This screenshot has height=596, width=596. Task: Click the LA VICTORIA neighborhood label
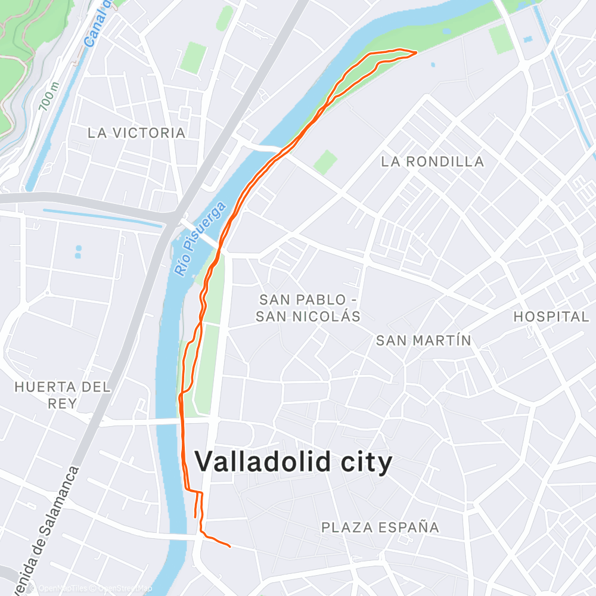pyautogui.click(x=136, y=133)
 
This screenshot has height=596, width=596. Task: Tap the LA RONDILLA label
pyautogui.click(x=433, y=162)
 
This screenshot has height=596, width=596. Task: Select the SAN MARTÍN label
pyautogui.click(x=424, y=340)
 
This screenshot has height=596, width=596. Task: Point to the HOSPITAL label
pyautogui.click(x=551, y=316)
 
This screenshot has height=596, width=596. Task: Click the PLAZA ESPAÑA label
pyautogui.click(x=380, y=527)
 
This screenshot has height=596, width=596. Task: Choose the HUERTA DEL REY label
pyautogui.click(x=63, y=395)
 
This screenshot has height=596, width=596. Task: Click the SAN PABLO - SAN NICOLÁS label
pyautogui.click(x=308, y=308)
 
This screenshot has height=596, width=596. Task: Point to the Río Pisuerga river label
pyautogui.click(x=200, y=238)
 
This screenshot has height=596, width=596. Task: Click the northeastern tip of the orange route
pyautogui.click(x=414, y=52)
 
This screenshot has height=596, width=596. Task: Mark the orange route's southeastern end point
pyautogui.click(x=229, y=545)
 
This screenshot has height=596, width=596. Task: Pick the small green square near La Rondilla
pyautogui.click(x=325, y=162)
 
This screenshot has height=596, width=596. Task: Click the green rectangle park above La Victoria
pyautogui.click(x=193, y=58)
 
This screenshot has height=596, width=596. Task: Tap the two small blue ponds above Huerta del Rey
pyautogui.click(x=78, y=252)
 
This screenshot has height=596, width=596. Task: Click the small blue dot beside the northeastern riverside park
pyautogui.click(x=432, y=64)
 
